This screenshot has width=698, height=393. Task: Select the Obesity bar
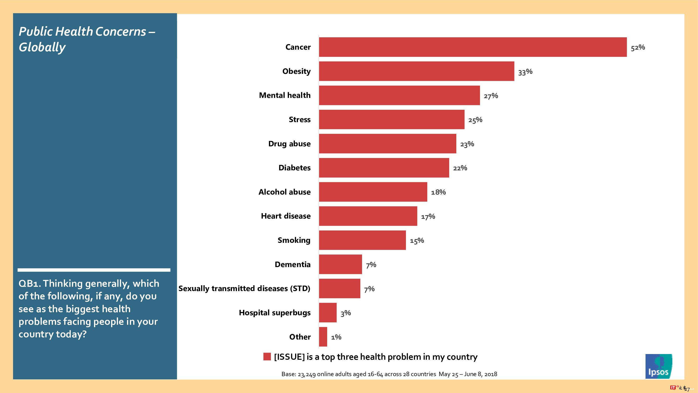[416, 71]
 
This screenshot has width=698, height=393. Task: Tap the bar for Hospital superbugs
[328, 313]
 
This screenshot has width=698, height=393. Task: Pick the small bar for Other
[323, 337]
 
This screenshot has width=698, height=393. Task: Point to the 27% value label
[491, 96]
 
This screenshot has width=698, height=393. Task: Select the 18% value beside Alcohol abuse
[438, 192]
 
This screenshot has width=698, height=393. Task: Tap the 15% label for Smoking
[417, 240]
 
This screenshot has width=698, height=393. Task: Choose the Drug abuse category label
[289, 144]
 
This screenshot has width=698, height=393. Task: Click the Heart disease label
[286, 216]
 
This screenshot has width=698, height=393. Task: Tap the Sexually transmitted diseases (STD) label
[244, 289]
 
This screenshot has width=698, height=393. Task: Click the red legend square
[267, 357]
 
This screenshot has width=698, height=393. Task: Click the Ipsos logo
[658, 366]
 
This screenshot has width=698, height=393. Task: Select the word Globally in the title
[42, 48]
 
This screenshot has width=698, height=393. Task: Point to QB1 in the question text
[30, 284]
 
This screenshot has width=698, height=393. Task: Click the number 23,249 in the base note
[307, 374]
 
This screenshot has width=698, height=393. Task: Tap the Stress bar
[391, 120]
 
